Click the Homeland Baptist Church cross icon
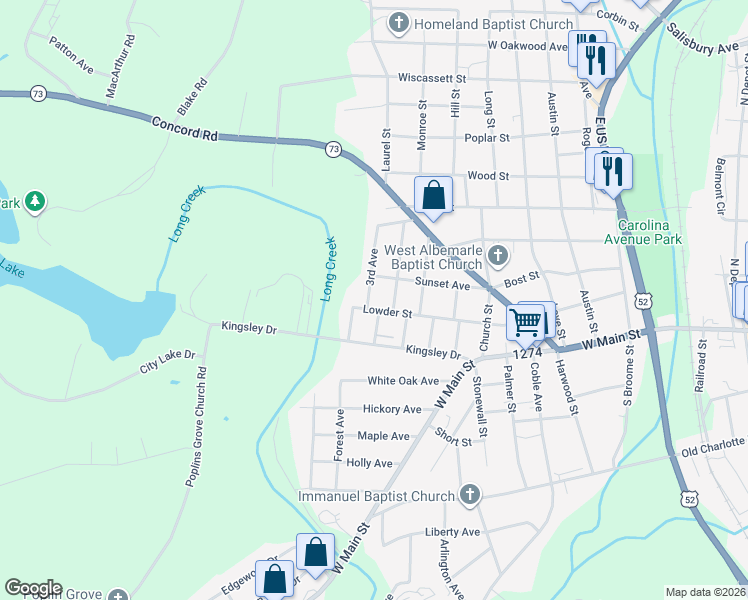[x=398, y=22]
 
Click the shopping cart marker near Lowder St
[x=525, y=322]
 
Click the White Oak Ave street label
[x=403, y=381]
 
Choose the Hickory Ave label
[x=392, y=409]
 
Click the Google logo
[x=32, y=588]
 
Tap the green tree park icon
[x=35, y=202]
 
